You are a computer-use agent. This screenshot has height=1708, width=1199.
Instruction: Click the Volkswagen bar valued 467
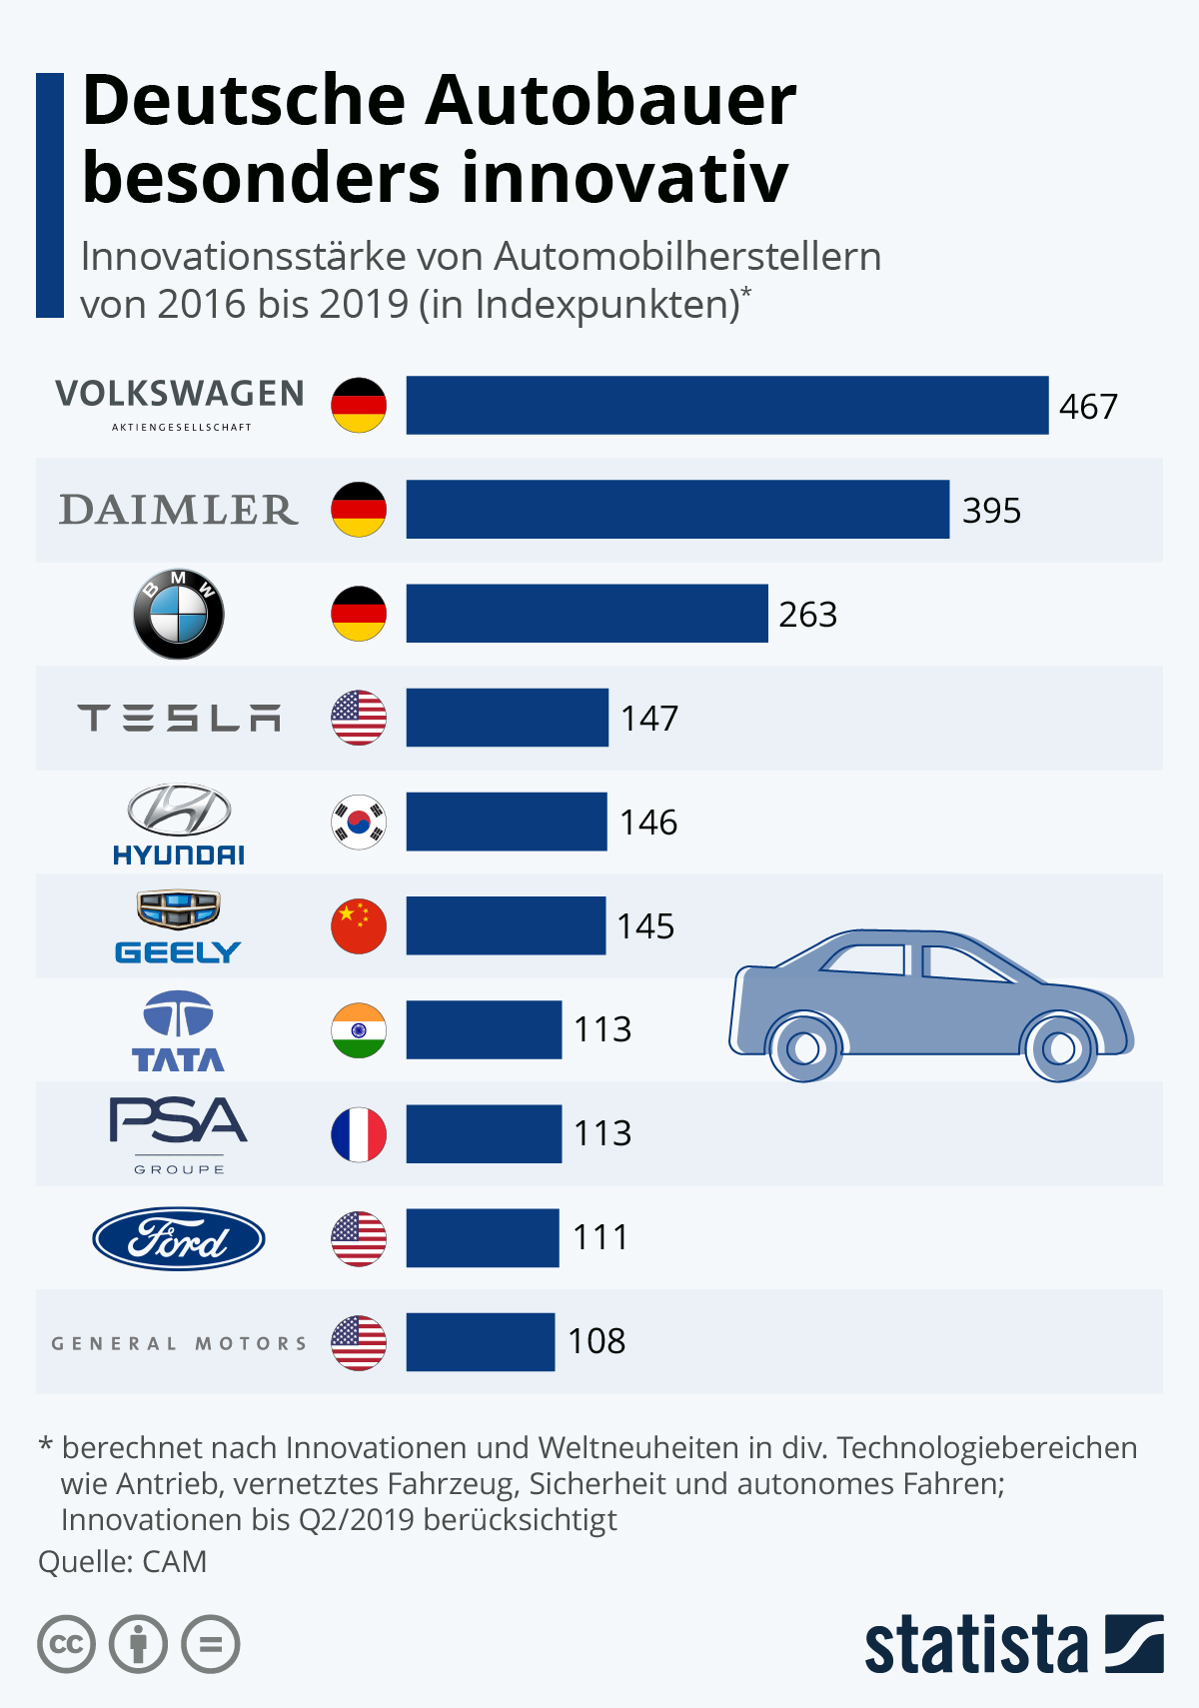point(726,405)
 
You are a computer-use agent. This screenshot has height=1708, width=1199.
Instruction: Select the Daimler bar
point(677,510)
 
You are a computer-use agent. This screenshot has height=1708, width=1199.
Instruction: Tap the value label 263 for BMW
point(807,615)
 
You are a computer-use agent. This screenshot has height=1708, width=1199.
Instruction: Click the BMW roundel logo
point(179,615)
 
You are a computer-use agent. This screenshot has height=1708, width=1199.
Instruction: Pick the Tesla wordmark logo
point(179,718)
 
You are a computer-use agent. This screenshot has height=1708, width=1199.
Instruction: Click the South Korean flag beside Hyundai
point(359,823)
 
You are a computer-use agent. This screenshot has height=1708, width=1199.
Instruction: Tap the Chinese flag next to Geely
point(359,926)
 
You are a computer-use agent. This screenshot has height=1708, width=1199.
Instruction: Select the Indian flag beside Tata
point(359,1030)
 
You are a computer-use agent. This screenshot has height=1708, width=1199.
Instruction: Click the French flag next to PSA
point(359,1134)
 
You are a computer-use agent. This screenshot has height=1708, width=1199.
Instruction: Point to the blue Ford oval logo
point(179,1239)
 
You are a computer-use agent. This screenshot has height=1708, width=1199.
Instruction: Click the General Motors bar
point(480,1342)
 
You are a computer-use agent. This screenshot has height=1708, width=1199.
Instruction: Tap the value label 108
point(597,1341)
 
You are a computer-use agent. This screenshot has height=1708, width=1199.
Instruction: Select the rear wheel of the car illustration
point(804,1048)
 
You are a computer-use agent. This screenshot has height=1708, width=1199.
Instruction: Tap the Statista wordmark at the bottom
point(975,1644)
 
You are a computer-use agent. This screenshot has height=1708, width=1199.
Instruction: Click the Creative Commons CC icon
point(66,1644)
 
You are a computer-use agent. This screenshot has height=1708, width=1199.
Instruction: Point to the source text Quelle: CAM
point(122,1561)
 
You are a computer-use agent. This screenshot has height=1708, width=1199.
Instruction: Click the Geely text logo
point(178,952)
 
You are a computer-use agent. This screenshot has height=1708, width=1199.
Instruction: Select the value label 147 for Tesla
point(649,719)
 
